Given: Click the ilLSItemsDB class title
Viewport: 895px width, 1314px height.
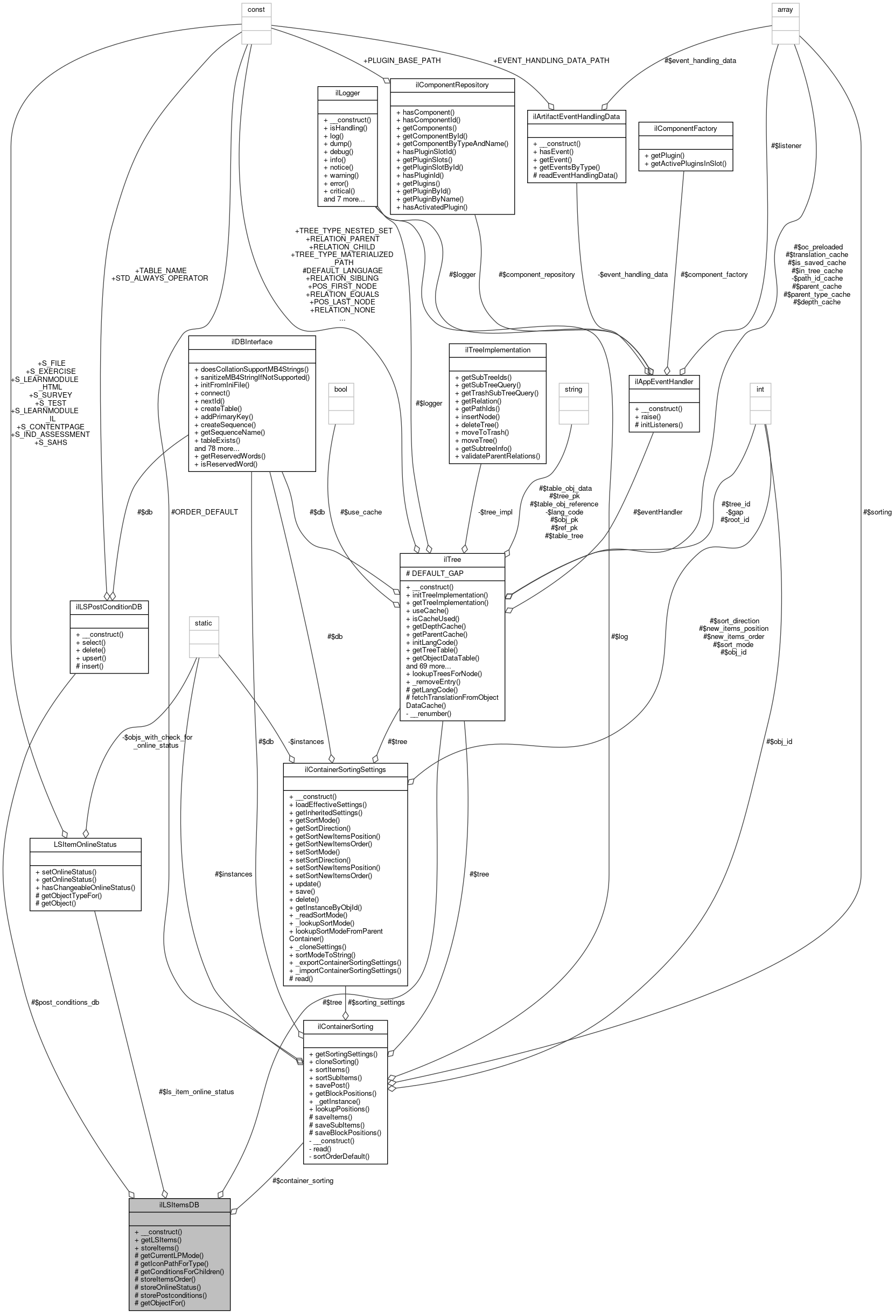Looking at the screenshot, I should [x=179, y=1204].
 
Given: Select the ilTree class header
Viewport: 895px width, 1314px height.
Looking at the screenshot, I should [x=452, y=559].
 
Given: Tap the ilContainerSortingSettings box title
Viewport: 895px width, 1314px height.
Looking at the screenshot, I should [x=345, y=769].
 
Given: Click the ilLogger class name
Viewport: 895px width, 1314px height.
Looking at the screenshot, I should [x=347, y=93].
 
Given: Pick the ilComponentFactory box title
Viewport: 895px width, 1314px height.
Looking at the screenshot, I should [x=686, y=128].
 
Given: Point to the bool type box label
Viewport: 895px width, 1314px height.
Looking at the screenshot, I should [x=341, y=389].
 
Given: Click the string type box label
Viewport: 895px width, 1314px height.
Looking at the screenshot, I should [x=574, y=389].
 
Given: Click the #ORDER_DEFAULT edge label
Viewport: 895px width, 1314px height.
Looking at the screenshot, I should [x=205, y=512].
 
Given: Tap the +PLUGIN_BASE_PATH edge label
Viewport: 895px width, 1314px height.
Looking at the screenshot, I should [x=402, y=60].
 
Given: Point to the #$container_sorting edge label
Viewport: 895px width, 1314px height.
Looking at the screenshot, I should [x=303, y=1180].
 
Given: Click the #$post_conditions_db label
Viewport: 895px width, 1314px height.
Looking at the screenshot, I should [x=66, y=1002].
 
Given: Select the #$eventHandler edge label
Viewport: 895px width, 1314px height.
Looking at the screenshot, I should [x=658, y=512].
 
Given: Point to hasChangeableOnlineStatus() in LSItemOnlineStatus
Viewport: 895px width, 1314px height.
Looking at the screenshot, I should [x=88, y=887].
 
